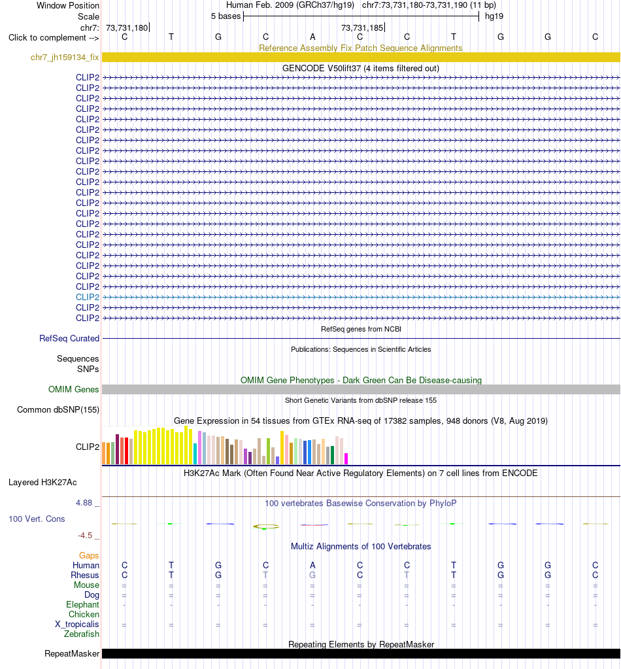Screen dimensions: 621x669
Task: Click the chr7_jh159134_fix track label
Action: click(x=65, y=57)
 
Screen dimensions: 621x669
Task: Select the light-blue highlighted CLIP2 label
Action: click(x=88, y=297)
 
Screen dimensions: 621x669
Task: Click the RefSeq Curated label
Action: click(x=69, y=338)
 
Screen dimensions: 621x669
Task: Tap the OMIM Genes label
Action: click(x=73, y=389)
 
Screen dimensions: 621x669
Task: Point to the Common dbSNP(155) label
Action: click(x=58, y=409)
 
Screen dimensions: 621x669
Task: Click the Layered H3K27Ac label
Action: click(x=42, y=483)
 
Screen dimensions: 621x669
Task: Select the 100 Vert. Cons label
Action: click(x=37, y=519)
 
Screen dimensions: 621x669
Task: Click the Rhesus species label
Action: click(x=85, y=575)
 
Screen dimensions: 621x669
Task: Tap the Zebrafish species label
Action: click(x=82, y=634)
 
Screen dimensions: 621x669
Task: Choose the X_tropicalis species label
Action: click(x=76, y=624)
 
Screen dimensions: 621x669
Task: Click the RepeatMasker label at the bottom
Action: click(x=72, y=654)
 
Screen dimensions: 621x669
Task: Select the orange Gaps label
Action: click(x=89, y=555)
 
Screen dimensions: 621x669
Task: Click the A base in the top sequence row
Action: click(x=312, y=37)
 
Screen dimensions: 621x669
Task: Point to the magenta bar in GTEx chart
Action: click(x=346, y=458)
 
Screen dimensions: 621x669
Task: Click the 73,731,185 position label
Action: click(x=362, y=27)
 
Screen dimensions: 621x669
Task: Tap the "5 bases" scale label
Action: click(x=226, y=16)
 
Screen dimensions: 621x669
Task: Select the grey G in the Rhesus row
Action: click(x=312, y=575)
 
